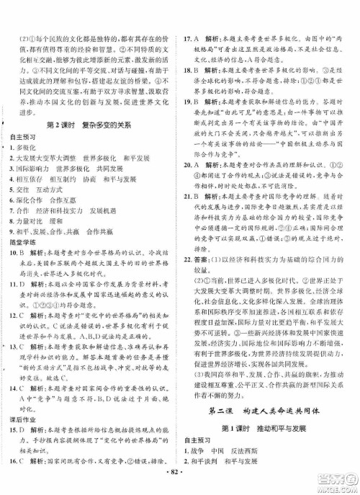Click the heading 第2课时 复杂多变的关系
click(91, 123)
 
